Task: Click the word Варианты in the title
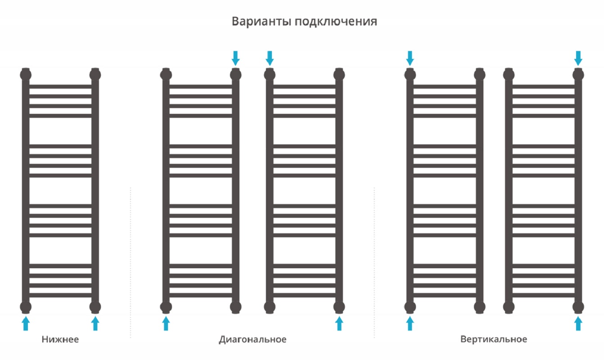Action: (261, 21)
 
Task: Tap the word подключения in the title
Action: (336, 22)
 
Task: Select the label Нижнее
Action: (60, 339)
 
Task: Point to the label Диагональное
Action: (252, 339)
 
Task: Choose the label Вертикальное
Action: (494, 339)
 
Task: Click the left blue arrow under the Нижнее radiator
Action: (26, 324)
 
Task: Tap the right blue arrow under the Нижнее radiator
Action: (95, 324)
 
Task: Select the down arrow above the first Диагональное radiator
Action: (236, 58)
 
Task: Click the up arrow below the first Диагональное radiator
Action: (166, 324)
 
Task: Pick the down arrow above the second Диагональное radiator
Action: (270, 58)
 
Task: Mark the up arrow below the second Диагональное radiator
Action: (339, 324)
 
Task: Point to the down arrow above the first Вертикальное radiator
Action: (410, 58)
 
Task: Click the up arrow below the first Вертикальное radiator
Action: (410, 324)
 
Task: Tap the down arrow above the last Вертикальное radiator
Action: (578, 58)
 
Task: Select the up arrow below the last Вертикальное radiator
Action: (578, 324)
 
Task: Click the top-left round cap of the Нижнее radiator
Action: (26, 74)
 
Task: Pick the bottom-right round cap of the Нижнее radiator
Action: (95, 307)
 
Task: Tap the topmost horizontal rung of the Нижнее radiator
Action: (60, 86)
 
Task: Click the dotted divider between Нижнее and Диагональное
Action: (131, 262)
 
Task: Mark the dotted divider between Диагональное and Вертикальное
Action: (374, 262)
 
